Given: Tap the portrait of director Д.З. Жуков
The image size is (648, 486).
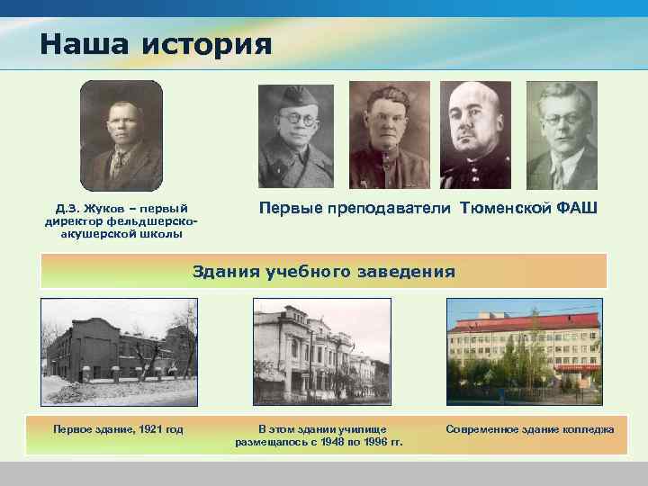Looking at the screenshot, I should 121,136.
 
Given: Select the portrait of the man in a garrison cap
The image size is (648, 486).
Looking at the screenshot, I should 296,136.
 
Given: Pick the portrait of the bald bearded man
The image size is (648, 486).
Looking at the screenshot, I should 475,135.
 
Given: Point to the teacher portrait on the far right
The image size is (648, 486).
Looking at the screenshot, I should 562,135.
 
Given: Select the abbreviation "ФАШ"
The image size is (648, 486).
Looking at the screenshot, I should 576,208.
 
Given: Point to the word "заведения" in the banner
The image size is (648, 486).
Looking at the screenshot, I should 411,271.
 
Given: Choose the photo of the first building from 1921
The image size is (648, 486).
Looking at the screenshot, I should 119,352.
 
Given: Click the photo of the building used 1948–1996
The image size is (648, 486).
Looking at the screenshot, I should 322,352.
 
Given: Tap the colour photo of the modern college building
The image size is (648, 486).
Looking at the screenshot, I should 525,352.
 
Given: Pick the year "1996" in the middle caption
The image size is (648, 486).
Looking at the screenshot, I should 367,442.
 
